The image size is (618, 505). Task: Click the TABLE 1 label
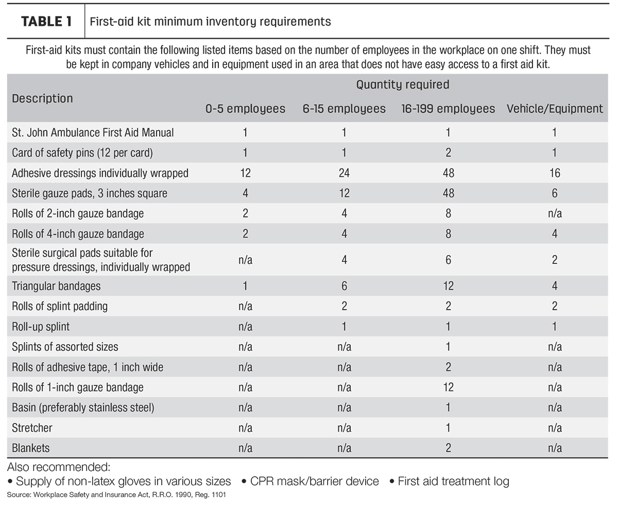(x=46, y=22)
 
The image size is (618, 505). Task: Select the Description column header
(x=42, y=98)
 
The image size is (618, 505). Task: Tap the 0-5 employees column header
(x=245, y=109)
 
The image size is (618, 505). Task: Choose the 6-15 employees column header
(x=344, y=109)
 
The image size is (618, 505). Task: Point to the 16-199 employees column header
(x=448, y=109)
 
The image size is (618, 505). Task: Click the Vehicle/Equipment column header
(x=555, y=109)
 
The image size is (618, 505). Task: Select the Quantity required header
(x=403, y=85)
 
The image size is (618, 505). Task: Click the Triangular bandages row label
(x=56, y=286)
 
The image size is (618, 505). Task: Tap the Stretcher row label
(x=32, y=428)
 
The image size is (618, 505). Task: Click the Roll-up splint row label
(x=41, y=326)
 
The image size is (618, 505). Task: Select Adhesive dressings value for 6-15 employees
(x=344, y=173)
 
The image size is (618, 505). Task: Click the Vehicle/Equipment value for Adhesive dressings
(x=555, y=173)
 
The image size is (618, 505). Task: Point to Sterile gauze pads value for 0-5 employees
(x=245, y=193)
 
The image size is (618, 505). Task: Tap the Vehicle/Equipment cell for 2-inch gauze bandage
(x=555, y=213)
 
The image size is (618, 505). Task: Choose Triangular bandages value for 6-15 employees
(x=344, y=286)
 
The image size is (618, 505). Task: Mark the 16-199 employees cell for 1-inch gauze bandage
(x=448, y=388)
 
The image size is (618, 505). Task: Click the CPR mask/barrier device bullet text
(x=315, y=481)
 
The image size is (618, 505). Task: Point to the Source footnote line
(x=116, y=495)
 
